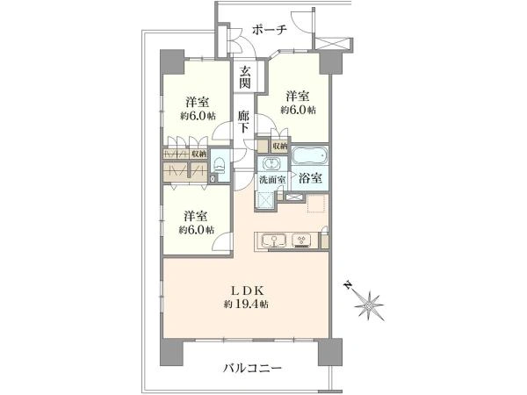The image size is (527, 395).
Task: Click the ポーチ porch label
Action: pos(270,30)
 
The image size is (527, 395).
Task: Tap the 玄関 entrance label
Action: pos(245,77)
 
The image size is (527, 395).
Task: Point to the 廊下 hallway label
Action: pos(243,122)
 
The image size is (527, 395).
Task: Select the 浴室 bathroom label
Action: pos(310,178)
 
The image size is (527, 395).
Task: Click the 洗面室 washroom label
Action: pos(272,179)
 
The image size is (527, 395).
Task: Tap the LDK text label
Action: pos(246,291)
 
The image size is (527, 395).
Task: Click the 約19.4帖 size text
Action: pos(246,305)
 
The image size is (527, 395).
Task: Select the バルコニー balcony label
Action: pos(252,369)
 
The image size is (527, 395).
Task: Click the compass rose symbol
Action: pos(368,305)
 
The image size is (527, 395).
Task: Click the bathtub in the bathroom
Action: pos(309,156)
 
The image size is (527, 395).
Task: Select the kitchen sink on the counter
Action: pos(273,241)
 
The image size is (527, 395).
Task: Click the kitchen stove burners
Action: pos(301,241)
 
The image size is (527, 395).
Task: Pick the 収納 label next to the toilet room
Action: pos(199,154)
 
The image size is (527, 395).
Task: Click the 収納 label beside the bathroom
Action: pos(279,146)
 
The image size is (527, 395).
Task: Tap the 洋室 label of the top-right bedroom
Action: pos(298,97)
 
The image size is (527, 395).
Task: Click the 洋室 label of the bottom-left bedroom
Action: pos(195,216)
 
